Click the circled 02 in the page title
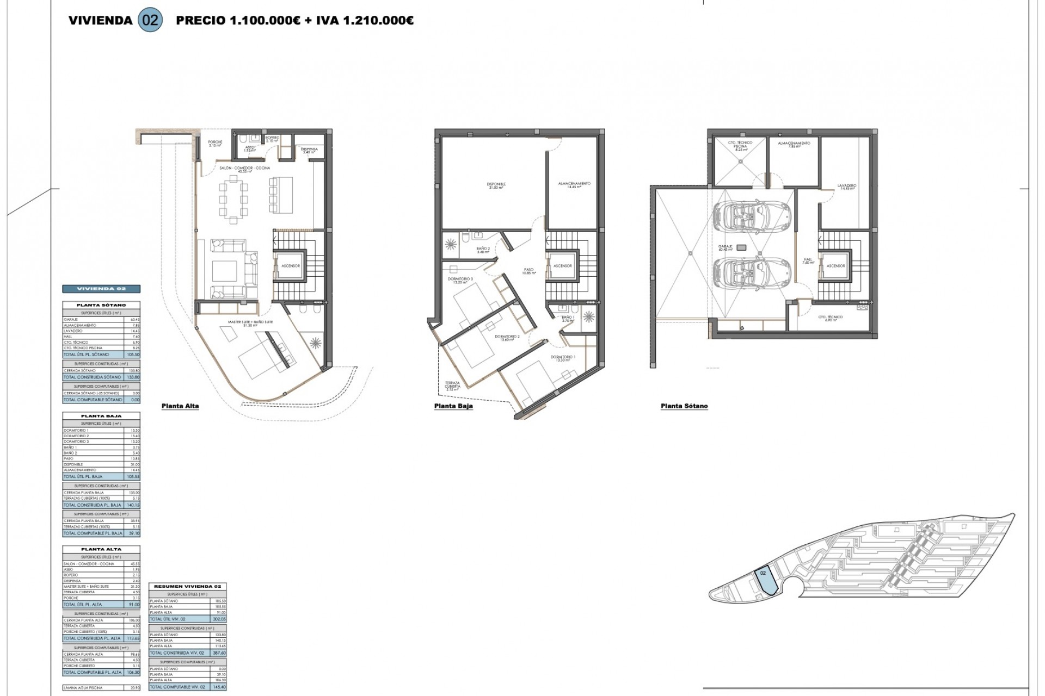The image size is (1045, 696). (x=151, y=21)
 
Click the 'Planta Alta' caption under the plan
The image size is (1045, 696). (x=180, y=406)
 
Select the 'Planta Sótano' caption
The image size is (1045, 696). (x=684, y=406)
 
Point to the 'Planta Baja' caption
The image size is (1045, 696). (x=453, y=406)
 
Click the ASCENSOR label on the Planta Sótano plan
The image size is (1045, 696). (x=835, y=266)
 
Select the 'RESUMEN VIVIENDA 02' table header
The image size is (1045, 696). (x=187, y=587)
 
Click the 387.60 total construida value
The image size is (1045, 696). (x=220, y=652)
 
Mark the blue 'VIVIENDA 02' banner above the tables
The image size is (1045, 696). (x=102, y=289)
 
